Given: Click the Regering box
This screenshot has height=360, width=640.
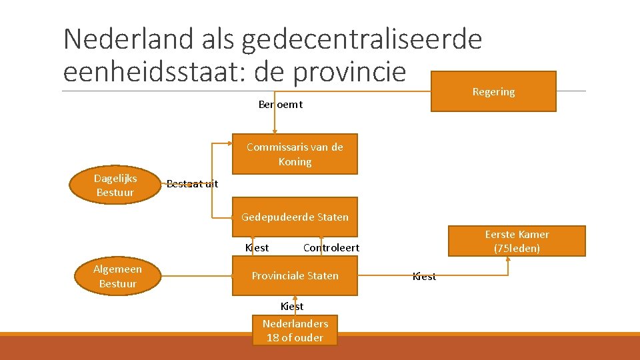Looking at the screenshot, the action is (493, 91).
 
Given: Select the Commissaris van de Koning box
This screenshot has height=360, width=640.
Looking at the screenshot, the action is (295, 154).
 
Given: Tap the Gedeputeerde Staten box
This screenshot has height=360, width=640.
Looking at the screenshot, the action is (295, 217).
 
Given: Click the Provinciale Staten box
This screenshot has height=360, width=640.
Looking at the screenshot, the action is (295, 275).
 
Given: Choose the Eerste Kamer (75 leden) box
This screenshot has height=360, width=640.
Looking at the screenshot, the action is (517, 241).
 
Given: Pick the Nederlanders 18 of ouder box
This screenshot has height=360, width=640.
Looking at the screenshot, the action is (295, 330).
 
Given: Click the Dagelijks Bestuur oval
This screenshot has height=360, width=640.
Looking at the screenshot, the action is (115, 185).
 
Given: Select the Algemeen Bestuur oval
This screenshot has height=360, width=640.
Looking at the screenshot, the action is (117, 276).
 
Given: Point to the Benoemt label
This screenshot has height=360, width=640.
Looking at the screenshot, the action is (280, 104).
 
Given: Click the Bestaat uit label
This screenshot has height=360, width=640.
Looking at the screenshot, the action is (192, 184).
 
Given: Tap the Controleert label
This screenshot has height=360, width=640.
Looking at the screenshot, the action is (331, 247).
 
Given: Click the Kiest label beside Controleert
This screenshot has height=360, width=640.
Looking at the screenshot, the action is (257, 247).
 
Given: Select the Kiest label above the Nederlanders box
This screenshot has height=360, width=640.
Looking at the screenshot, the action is (292, 306).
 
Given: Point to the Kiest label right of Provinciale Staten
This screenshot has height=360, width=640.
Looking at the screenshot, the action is (424, 276).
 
